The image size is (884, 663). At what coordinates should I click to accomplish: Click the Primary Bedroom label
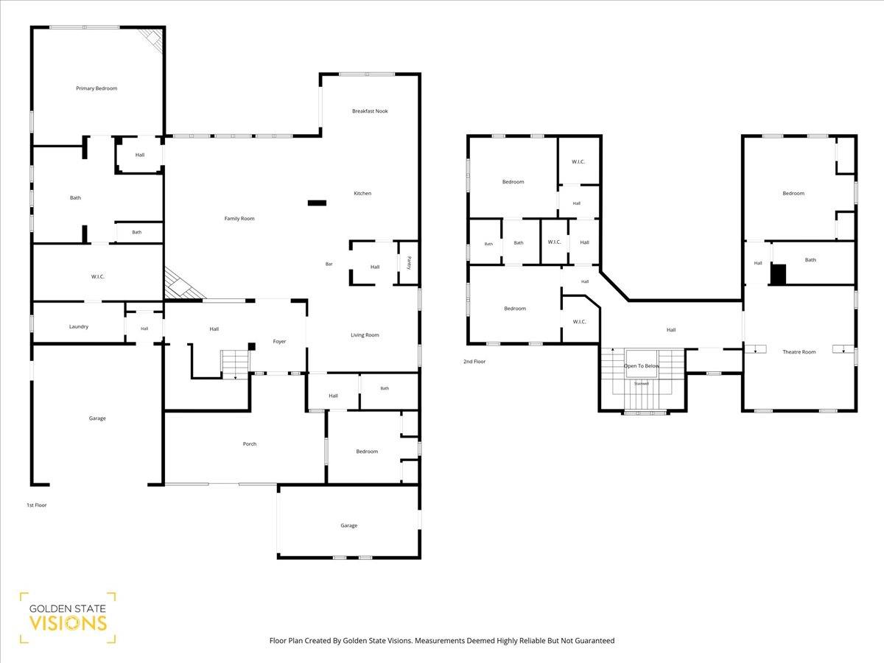pyautogui.click(x=97, y=88)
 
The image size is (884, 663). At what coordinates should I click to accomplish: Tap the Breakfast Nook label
pyautogui.click(x=370, y=110)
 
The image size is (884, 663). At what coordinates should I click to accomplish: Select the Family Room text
pyautogui.click(x=239, y=219)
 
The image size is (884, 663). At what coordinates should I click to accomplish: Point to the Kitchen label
pyautogui.click(x=362, y=193)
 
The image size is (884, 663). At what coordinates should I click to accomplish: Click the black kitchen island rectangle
pyautogui.click(x=317, y=203)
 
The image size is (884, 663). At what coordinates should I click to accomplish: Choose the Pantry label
pyautogui.click(x=409, y=262)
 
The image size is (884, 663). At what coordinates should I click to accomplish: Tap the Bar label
pyautogui.click(x=329, y=264)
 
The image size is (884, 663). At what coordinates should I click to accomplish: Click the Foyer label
pyautogui.click(x=279, y=341)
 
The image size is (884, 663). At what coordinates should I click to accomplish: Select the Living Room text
pyautogui.click(x=365, y=335)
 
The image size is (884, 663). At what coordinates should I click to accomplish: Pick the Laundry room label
pyautogui.click(x=79, y=326)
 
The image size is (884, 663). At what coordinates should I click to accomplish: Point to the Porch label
pyautogui.click(x=250, y=443)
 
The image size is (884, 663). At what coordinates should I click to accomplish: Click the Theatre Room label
pyautogui.click(x=799, y=352)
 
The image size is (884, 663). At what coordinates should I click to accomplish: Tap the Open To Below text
pyautogui.click(x=642, y=366)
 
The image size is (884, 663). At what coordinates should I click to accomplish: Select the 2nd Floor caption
pyautogui.click(x=474, y=362)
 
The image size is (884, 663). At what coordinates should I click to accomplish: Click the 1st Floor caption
pyautogui.click(x=37, y=505)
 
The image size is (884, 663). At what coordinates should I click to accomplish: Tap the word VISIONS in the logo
pyautogui.click(x=68, y=623)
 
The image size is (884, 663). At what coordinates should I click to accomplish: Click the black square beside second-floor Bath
pyautogui.click(x=778, y=275)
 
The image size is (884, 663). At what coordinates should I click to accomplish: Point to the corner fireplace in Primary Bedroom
pyautogui.click(x=152, y=41)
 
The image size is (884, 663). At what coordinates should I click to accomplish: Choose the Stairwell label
pyautogui.click(x=642, y=384)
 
